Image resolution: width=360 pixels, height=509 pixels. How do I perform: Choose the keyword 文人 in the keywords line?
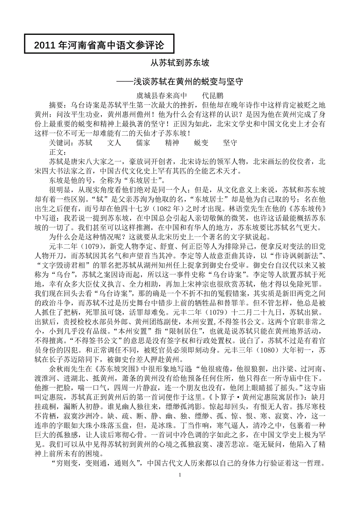point(114,143)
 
